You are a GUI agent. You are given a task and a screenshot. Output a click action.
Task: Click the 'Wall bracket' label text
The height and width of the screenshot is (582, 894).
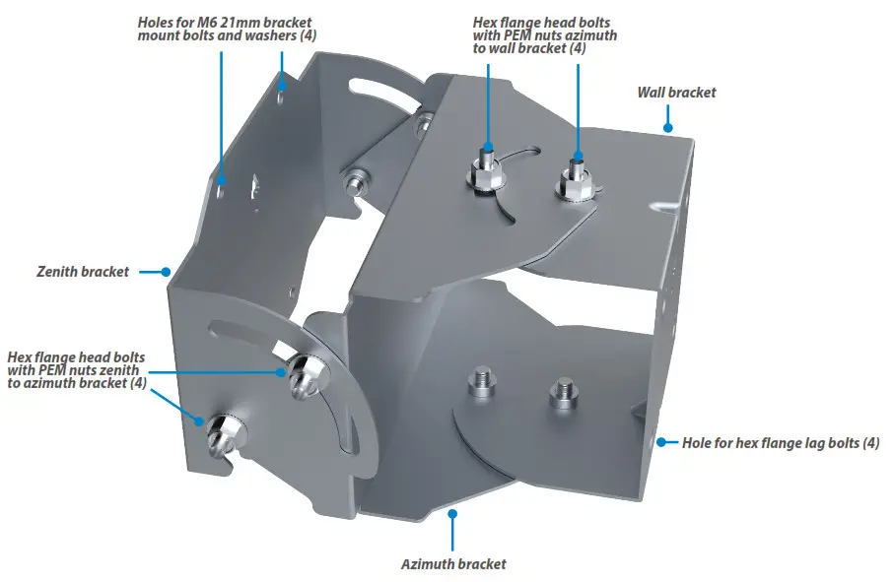coord(676,93)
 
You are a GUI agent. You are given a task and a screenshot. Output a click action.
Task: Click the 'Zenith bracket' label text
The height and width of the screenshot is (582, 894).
coord(84,271)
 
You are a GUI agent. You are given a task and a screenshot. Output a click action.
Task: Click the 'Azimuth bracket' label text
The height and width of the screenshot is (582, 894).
coord(453,564)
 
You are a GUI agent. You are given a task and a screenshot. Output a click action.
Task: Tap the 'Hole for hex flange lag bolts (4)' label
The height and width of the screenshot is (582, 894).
coord(781,443)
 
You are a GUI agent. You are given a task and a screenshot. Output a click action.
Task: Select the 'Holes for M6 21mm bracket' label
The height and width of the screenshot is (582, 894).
coord(218,21)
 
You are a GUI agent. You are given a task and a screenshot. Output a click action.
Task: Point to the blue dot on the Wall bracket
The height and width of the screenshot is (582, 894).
coord(667,126)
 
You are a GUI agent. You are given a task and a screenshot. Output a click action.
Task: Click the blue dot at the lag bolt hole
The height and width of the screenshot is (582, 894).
coord(658,442)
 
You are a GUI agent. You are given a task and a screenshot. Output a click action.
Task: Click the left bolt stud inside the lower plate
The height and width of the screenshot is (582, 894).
coord(481,383)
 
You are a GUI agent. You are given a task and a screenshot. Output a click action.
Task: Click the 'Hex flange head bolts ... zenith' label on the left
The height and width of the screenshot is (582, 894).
coord(77,370)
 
